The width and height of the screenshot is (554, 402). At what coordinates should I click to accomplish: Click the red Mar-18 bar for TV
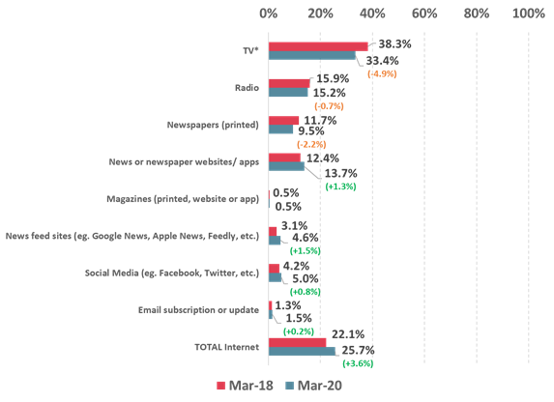pos(318,46)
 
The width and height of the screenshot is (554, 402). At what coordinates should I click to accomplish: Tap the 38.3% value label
pos(392,45)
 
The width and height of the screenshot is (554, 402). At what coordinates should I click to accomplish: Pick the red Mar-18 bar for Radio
pos(289,83)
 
